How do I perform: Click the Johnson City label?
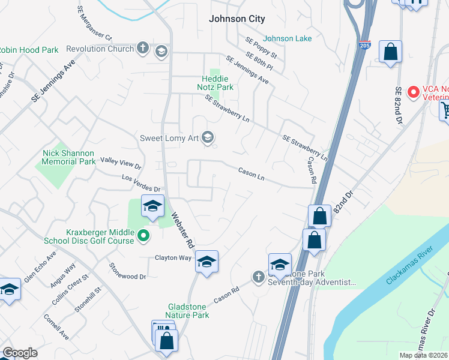click(x=237, y=19)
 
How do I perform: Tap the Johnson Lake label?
click(x=288, y=38)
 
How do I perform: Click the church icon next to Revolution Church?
click(x=142, y=48)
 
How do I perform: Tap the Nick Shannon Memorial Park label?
click(x=69, y=157)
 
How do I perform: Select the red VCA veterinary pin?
click(x=413, y=92)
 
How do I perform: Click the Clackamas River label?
click(x=409, y=265)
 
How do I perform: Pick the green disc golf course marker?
click(x=143, y=236)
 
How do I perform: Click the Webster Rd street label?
click(x=182, y=230)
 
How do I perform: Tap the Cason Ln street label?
click(x=252, y=173)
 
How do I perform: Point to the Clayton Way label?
click(x=173, y=257)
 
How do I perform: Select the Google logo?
click(x=20, y=353)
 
